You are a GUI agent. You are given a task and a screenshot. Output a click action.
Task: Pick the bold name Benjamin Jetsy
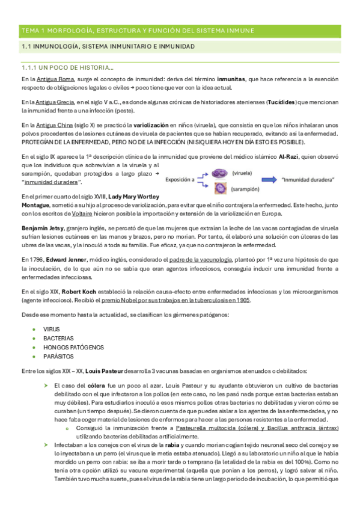pos(40,229)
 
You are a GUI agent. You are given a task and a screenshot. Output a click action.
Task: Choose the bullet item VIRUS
pos(51,330)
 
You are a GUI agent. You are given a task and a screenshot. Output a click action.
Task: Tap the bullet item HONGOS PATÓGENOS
pos(73,347)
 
